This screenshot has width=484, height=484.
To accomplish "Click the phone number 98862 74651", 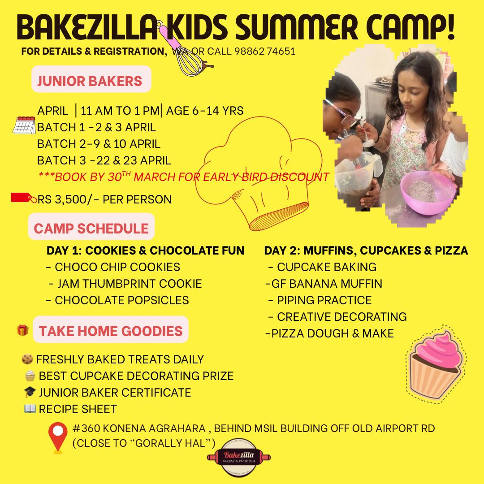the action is click(265, 51).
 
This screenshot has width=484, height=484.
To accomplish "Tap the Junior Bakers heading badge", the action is click(91, 79).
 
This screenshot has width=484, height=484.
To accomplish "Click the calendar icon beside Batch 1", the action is click(24, 125).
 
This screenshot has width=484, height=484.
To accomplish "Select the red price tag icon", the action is click(23, 198).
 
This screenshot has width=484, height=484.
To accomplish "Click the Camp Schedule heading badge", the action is click(91, 227).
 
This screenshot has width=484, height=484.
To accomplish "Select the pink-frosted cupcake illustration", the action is click(436, 364).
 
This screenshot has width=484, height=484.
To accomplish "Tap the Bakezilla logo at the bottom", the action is click(239, 458).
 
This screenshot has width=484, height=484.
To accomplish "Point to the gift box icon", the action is click(22, 330).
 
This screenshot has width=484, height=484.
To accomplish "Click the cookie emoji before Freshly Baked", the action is click(27, 359).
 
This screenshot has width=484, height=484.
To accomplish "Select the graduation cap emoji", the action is click(30, 392).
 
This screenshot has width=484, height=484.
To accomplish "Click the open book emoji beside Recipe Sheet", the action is click(30, 408).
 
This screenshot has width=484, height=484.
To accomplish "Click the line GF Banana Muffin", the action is click(324, 284).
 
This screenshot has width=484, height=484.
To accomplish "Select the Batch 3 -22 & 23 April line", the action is click(104, 160).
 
